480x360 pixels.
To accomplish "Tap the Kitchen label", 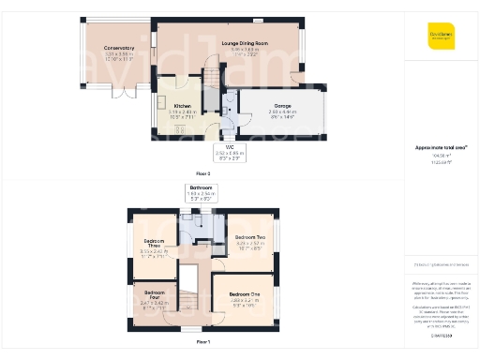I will (x=183, y=106).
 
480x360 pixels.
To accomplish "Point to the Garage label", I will (x=282, y=106).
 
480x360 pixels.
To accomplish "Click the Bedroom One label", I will (x=246, y=294).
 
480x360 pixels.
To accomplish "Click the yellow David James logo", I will (x=441, y=35).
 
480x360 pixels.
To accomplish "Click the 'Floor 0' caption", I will (x=203, y=174).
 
